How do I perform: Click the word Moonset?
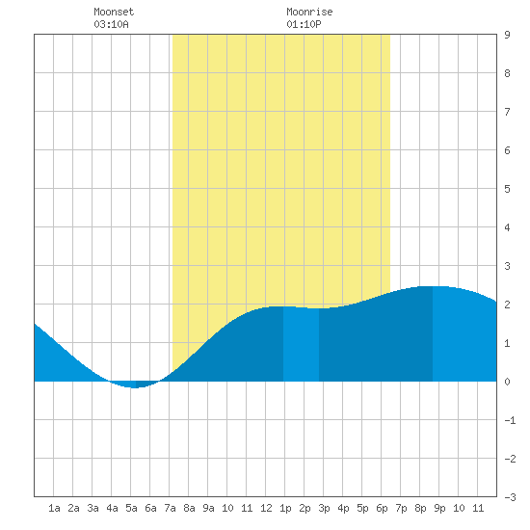114,12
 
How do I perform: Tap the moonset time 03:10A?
111,24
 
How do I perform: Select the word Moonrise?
309,12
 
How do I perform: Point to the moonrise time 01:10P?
304,24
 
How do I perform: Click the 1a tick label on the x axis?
54,508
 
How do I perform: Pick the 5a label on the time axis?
131,508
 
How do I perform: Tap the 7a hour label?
170,508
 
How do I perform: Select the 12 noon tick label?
266,508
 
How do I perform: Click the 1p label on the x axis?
285,508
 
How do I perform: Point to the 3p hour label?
324,508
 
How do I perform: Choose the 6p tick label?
382,508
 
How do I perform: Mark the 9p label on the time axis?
439,508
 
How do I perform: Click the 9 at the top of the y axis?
507,35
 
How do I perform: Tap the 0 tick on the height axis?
507,382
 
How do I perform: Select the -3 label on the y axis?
510,497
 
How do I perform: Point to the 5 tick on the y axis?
507,189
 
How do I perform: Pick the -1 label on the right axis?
510,420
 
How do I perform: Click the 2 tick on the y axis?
507,305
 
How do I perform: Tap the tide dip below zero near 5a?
135,384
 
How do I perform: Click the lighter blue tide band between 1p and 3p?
302,344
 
